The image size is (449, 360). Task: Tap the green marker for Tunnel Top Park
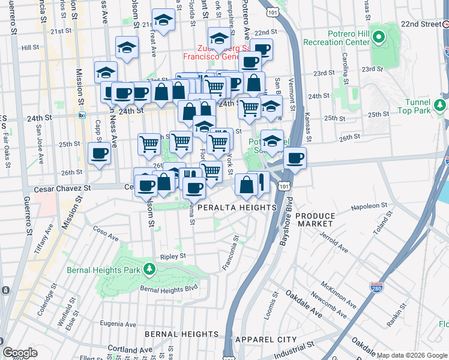coord(440,106)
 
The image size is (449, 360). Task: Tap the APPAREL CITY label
coord(266,340)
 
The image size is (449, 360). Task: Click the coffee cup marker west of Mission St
coord(99,154)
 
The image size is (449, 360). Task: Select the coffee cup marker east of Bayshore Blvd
coord(295,159)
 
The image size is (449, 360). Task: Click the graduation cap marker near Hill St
coord(127,48)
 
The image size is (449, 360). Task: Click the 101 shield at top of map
coord(273,11)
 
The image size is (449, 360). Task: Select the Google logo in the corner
coord(20,352)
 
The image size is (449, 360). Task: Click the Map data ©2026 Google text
coord(411,355)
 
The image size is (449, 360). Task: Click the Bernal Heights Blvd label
coord(169,289)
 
